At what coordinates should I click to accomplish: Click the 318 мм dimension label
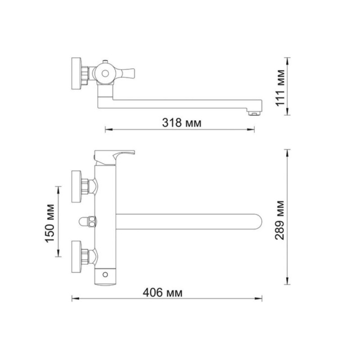(x=182, y=122)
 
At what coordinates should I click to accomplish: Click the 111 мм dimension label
(x=280, y=88)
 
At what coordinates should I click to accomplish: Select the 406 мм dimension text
(x=162, y=293)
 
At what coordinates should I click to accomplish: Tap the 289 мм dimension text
(x=280, y=220)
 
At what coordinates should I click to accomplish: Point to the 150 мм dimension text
(x=50, y=223)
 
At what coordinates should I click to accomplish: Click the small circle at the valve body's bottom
(x=105, y=274)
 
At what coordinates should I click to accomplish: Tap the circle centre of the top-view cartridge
(x=105, y=73)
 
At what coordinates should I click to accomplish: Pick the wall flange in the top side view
(x=76, y=73)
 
